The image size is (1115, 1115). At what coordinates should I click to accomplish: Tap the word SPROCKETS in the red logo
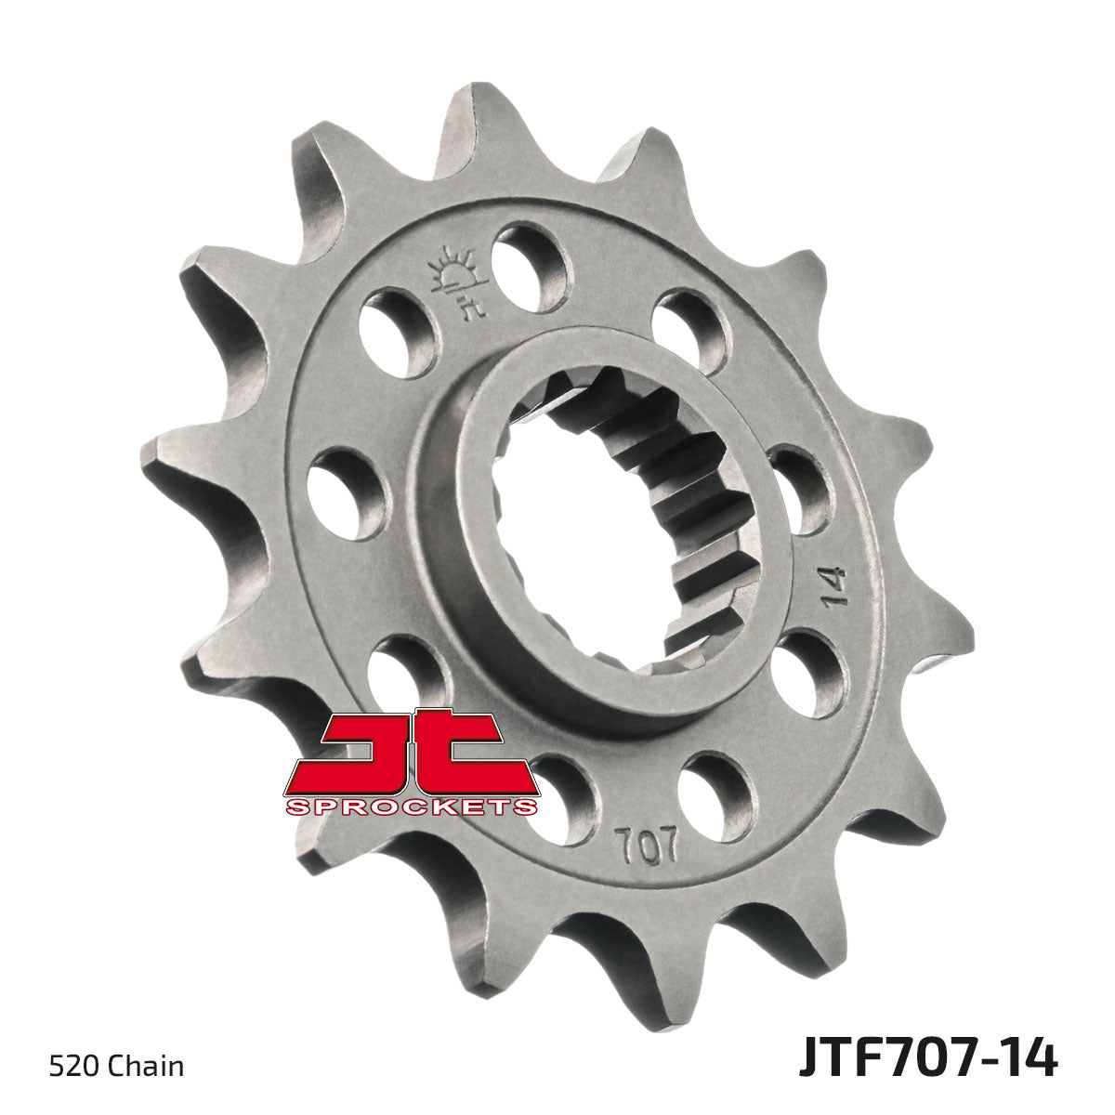[x=410, y=807]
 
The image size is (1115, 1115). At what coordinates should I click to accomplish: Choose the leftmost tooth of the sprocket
[x=172, y=455]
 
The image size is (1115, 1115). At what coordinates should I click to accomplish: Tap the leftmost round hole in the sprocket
[x=346, y=493]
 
